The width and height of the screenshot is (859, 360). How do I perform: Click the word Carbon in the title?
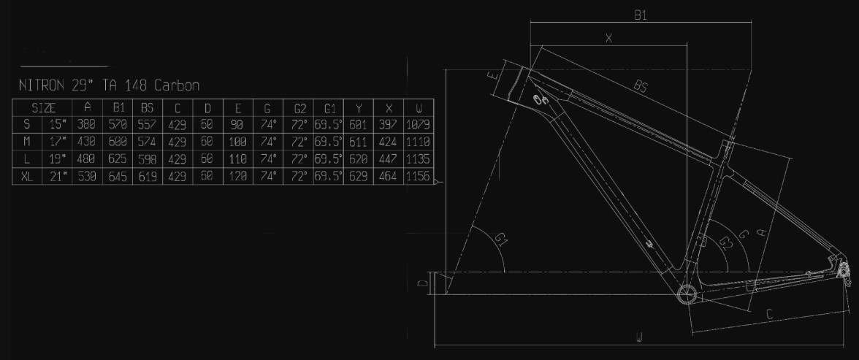pos(177,85)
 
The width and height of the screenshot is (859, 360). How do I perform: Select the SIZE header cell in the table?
pos(43,107)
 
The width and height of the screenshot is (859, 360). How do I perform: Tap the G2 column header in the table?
pos(299,107)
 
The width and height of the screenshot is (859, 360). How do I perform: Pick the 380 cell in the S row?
pos(86,124)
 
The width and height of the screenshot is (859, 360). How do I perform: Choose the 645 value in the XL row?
pos(117,177)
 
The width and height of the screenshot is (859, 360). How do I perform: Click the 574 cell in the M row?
pos(148,142)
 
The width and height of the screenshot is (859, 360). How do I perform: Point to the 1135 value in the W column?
pos(419,159)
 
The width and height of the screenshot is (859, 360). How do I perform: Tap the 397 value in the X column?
pos(389,124)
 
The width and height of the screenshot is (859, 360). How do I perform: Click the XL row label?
pos(27,177)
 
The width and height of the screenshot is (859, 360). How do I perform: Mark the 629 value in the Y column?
pos(358,177)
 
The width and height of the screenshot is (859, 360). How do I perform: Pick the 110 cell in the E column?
pos(238,159)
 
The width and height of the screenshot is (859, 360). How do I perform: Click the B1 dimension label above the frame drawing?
pos(641,15)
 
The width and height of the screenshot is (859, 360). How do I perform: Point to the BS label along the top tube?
pos(641,85)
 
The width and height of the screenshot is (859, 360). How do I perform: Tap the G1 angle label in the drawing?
pos(501,239)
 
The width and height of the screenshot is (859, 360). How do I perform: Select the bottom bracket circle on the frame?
pos(687,294)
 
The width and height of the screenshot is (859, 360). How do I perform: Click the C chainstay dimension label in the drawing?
pos(769,315)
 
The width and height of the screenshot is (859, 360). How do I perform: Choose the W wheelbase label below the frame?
pos(638,338)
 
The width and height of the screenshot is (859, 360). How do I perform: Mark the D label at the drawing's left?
pos(422,283)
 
